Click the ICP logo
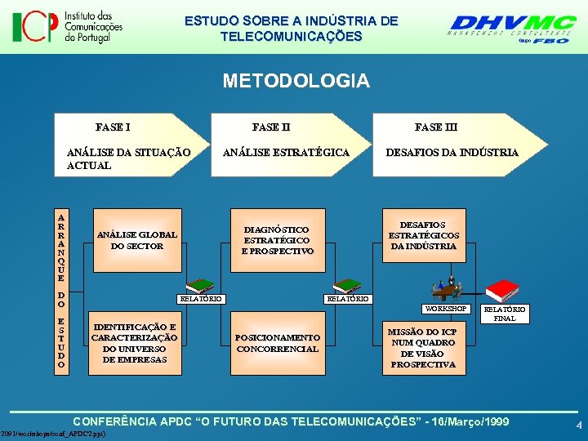(x=67, y=26)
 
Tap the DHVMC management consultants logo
(x=512, y=29)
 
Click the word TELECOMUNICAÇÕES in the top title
(x=291, y=37)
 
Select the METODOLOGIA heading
(x=296, y=81)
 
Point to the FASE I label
(x=113, y=127)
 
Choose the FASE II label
(x=271, y=127)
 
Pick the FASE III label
(x=435, y=127)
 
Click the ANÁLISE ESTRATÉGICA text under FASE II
(x=286, y=153)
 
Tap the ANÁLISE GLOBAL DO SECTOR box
(x=136, y=240)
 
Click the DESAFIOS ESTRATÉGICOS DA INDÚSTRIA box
(x=423, y=235)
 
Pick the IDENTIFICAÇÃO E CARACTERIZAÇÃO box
(x=134, y=343)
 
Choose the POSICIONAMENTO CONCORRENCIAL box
(x=278, y=343)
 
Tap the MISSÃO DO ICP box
(x=422, y=348)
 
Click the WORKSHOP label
(x=444, y=309)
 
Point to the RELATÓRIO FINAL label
(x=505, y=314)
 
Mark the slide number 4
(x=577, y=425)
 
